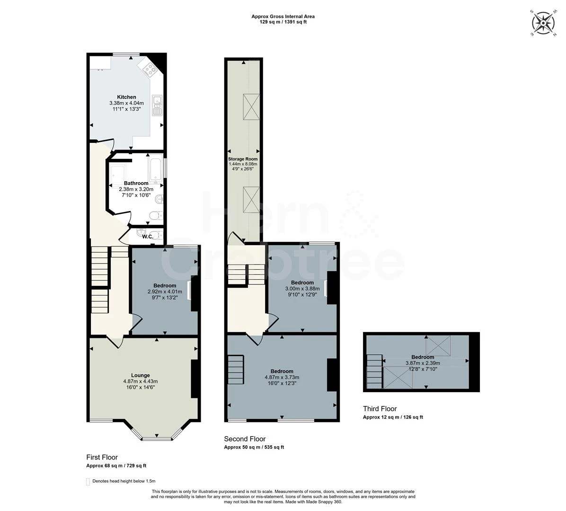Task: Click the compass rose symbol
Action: pos(543,24)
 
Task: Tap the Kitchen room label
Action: pos(126,97)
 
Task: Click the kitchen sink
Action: pos(158,105)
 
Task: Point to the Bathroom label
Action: pos(136,183)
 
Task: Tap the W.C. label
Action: pos(148,237)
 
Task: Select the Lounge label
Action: pos(141,375)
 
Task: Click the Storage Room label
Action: pos(243,159)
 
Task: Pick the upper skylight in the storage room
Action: pos(251,106)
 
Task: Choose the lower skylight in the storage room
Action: pos(251,200)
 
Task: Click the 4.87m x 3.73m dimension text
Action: pos(282,378)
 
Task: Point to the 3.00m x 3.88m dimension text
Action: pos(302,289)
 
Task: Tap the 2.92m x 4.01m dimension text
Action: pos(165,291)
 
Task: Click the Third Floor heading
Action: pos(380,409)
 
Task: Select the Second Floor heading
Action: pos(245,439)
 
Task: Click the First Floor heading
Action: pos(102,458)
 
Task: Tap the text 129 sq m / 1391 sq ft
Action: pos(283,22)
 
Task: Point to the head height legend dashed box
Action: pos(88,482)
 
